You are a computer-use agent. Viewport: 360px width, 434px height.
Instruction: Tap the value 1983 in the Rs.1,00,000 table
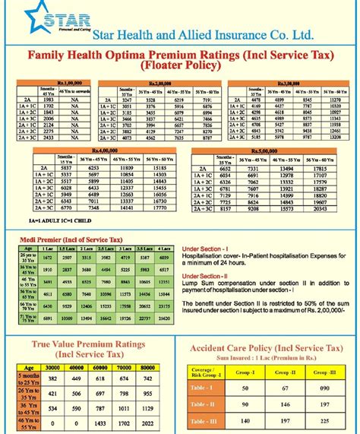[x=48, y=100]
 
